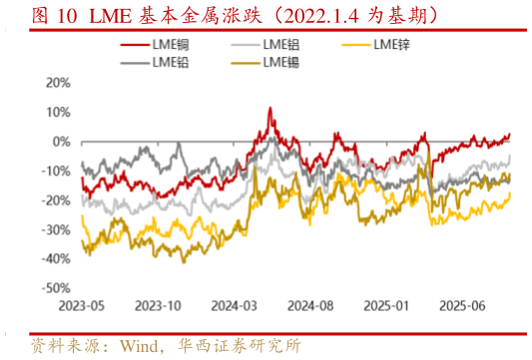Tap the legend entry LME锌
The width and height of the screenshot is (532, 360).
[x=393, y=46]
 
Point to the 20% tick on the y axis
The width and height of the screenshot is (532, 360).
[x=58, y=83]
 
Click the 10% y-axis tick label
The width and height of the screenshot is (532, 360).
[x=58, y=112]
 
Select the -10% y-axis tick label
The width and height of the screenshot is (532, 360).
[x=56, y=171]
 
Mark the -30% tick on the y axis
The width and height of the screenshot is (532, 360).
[x=56, y=229]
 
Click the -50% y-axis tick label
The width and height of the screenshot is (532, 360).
[x=56, y=288]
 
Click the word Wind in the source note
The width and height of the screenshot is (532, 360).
[x=141, y=345]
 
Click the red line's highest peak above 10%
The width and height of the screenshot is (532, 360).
[x=270, y=108]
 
